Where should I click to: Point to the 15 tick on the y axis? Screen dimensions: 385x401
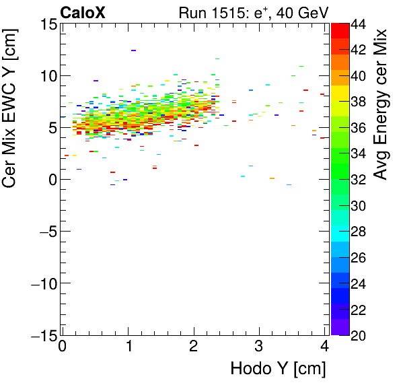tap(46, 24)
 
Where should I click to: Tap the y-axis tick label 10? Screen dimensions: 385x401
tap(46, 76)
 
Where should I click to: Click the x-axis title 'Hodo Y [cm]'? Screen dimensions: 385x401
tap(278, 369)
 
